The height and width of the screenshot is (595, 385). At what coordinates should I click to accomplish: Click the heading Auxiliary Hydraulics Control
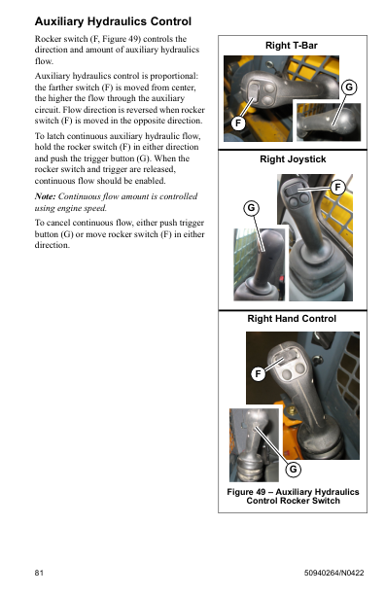pos(113,21)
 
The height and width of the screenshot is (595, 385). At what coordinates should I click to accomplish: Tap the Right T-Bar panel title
pos(292,46)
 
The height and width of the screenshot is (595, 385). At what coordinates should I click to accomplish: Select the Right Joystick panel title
pos(293,159)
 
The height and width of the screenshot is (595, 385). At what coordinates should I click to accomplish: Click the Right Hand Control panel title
pos(292,318)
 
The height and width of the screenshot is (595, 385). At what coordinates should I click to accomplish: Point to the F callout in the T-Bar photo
pos(238,122)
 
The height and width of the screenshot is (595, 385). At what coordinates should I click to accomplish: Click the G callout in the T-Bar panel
pos(349,87)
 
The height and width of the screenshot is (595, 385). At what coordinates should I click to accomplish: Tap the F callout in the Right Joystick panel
pos(337,187)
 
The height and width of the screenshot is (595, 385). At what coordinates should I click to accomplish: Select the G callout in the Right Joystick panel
pos(251,208)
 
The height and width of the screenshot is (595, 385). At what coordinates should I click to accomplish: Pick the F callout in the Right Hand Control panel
pos(258,373)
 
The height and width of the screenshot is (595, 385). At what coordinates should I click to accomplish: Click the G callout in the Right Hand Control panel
pos(294,470)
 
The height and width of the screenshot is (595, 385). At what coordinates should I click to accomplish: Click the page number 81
pos(39,573)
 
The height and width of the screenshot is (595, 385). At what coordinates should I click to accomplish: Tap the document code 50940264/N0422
pos(333,573)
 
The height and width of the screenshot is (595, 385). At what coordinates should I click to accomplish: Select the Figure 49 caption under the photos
pos(293,497)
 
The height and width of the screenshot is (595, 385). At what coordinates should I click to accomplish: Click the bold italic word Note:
pos(45,196)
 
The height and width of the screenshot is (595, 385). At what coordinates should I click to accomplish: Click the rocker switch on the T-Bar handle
pos(254,92)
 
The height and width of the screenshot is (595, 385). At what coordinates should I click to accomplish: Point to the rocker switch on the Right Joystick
pos(293,190)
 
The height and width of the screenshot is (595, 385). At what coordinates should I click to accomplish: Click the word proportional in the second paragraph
pos(174,76)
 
